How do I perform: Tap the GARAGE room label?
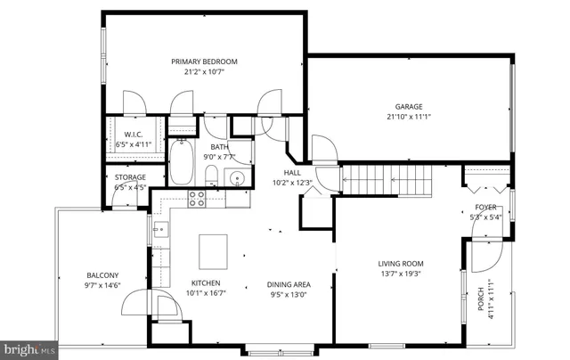pyautogui.click(x=403, y=106)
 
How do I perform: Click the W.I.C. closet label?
pyautogui.click(x=134, y=135)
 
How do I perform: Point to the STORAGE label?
pyautogui.click(x=129, y=179)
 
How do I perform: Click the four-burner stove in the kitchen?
pyautogui.click(x=196, y=200)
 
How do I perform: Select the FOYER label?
pyautogui.click(x=485, y=206)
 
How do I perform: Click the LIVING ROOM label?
pyautogui.click(x=401, y=264)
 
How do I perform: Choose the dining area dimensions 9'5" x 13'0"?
pyautogui.click(x=288, y=294)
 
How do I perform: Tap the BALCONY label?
pyautogui.click(x=102, y=274)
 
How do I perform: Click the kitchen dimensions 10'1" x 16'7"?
pyautogui.click(x=204, y=291)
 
